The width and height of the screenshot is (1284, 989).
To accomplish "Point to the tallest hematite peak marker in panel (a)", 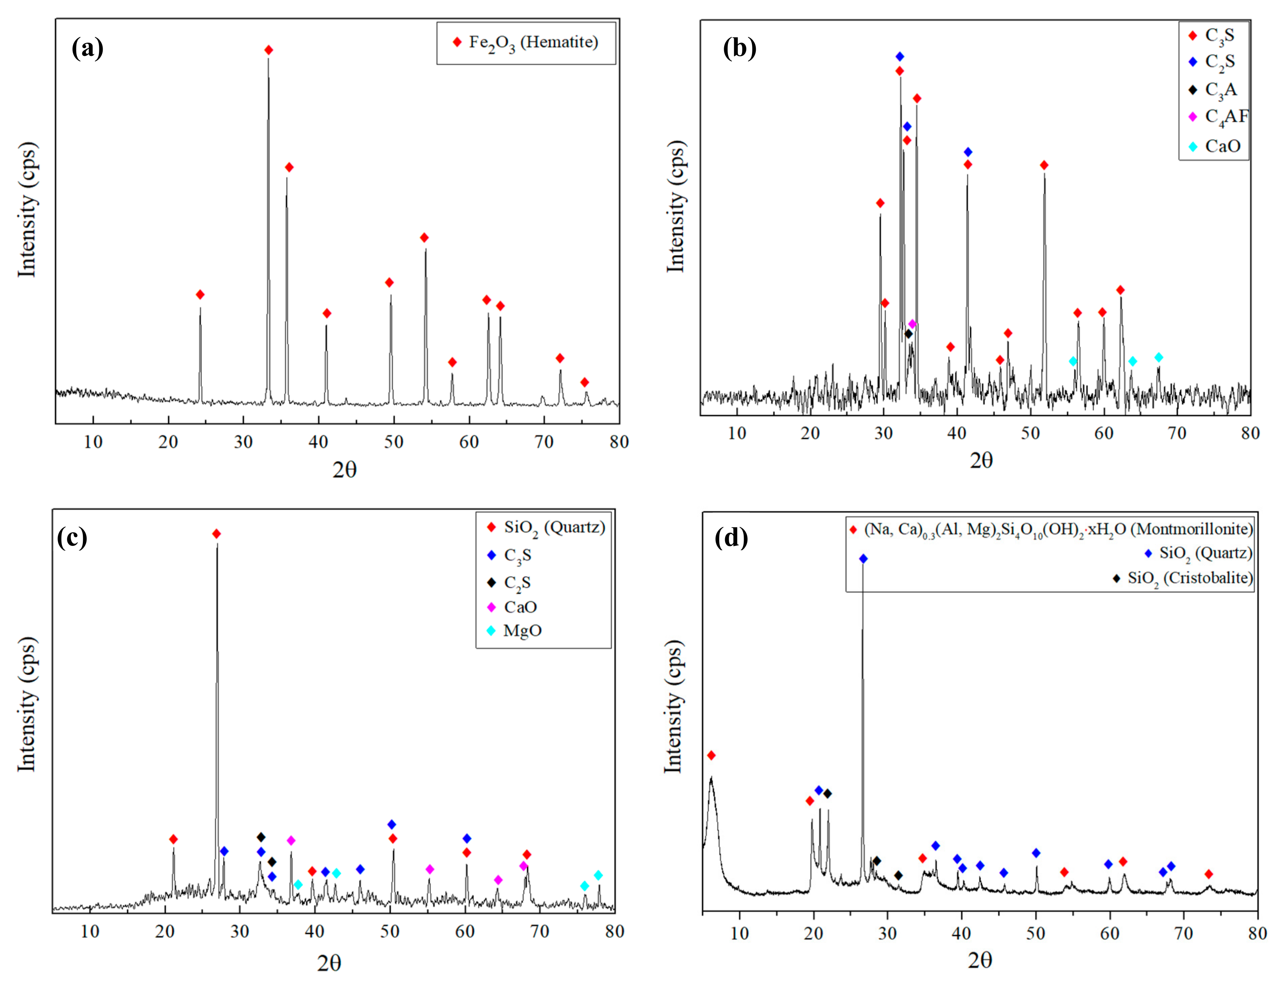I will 269,50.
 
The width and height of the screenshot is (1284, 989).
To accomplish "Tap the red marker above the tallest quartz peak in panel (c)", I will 216,534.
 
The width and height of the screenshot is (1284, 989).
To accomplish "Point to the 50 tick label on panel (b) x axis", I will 1030,433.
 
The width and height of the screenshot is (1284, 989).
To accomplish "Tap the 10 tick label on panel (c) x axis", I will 90,931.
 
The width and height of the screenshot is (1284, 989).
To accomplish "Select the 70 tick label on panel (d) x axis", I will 1183,934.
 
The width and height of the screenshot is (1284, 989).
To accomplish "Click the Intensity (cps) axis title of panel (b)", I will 676,207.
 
